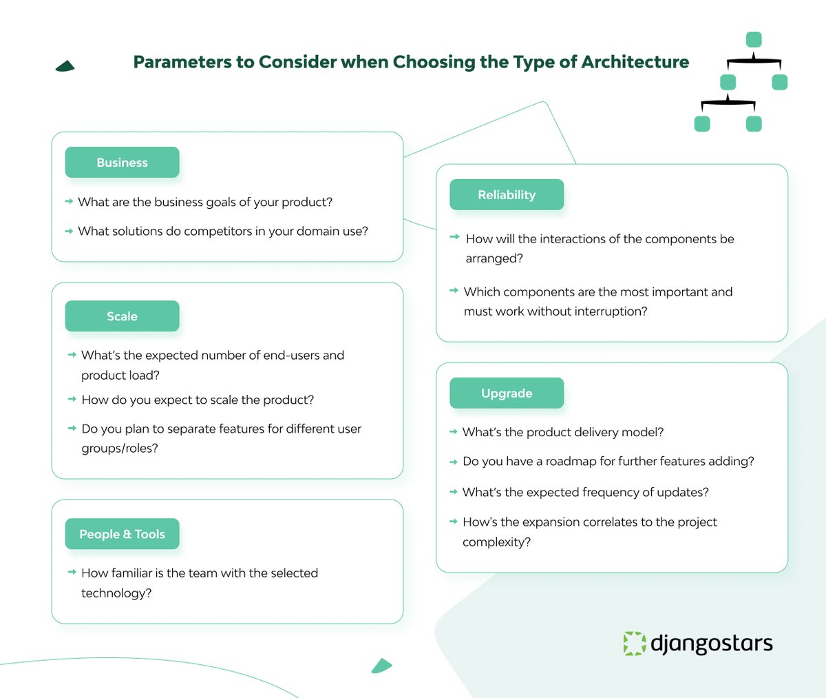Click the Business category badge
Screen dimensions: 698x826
(x=122, y=163)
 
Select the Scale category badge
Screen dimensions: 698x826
(x=122, y=316)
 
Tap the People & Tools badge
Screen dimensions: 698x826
(x=122, y=534)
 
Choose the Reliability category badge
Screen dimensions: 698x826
(x=507, y=195)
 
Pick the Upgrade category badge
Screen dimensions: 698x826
(x=507, y=393)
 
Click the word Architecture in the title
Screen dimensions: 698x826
(x=635, y=62)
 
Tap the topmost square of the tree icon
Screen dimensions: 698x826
(x=754, y=39)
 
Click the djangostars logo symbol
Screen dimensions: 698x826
(x=634, y=643)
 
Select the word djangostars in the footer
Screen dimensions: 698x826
(x=712, y=644)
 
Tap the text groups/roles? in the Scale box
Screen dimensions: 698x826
(x=120, y=449)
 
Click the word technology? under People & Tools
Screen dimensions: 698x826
(x=116, y=593)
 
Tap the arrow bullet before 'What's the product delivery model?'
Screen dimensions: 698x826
(x=454, y=432)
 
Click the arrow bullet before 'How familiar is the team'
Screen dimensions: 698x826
(x=72, y=573)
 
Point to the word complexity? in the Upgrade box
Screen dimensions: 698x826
(x=496, y=542)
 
